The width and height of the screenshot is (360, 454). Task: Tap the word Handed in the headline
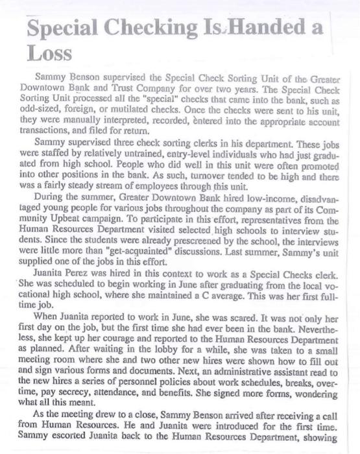pyautogui.click(x=263, y=27)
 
